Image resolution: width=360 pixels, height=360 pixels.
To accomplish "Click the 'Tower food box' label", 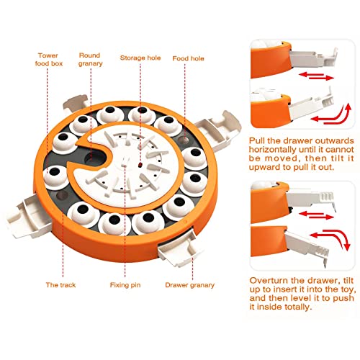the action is pos(48,59).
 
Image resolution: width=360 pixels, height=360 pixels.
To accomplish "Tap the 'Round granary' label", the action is pos(90,59).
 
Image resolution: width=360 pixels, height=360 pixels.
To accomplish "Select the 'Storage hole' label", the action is pos(140,58).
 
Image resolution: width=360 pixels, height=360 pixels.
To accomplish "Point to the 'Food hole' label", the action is pos(188,58).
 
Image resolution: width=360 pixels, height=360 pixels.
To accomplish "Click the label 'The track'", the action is pos(60,285).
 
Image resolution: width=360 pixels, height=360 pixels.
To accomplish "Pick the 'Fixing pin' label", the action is pos(125,285).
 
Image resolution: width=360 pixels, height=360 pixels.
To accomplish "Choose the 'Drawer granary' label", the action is pos(189,285).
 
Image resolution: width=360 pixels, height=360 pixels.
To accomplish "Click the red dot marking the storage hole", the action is pos(140,165).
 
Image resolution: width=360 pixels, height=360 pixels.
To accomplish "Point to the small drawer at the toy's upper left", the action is pos(75,103).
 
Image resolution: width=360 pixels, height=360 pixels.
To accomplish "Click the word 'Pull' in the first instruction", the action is pos(256,141).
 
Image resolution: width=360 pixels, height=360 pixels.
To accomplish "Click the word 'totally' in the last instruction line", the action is pos(298,307).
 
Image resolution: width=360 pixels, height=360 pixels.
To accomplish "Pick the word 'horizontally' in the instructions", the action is pos(272,150).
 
